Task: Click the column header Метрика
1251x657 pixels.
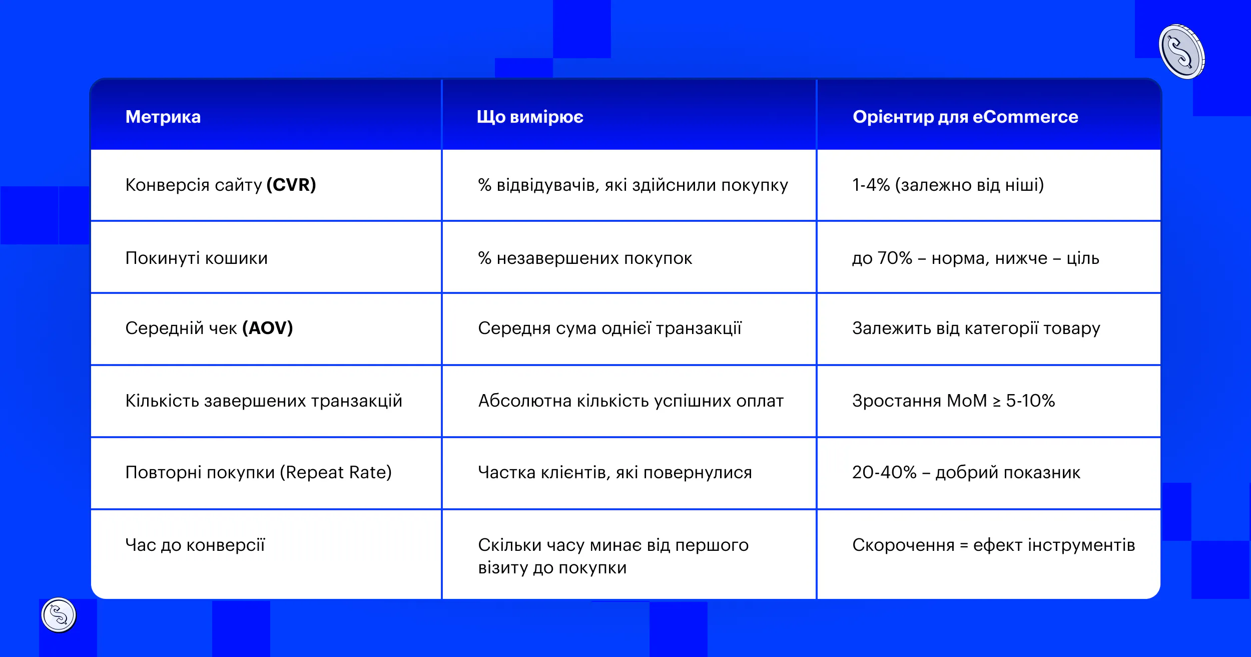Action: tap(163, 117)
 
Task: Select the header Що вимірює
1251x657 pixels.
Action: tap(529, 117)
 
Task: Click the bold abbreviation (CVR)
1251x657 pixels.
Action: tap(291, 185)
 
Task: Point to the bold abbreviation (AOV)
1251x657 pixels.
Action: tap(267, 328)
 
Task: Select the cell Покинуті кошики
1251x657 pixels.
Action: tap(196, 258)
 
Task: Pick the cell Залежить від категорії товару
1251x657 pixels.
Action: tap(976, 328)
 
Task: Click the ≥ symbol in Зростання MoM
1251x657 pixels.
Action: tap(997, 401)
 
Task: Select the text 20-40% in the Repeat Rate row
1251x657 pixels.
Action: tap(884, 472)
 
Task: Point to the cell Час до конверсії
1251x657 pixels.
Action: tap(195, 545)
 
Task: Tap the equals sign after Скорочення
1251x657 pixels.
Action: tap(964, 545)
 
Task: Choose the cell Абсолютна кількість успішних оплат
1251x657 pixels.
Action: tap(631, 401)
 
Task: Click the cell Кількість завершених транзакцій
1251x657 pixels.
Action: tap(264, 401)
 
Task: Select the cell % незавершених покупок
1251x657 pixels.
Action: tap(585, 258)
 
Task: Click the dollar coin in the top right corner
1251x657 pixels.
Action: tap(1181, 52)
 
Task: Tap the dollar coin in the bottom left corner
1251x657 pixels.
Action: tap(59, 615)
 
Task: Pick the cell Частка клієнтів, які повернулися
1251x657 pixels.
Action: tap(614, 472)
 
